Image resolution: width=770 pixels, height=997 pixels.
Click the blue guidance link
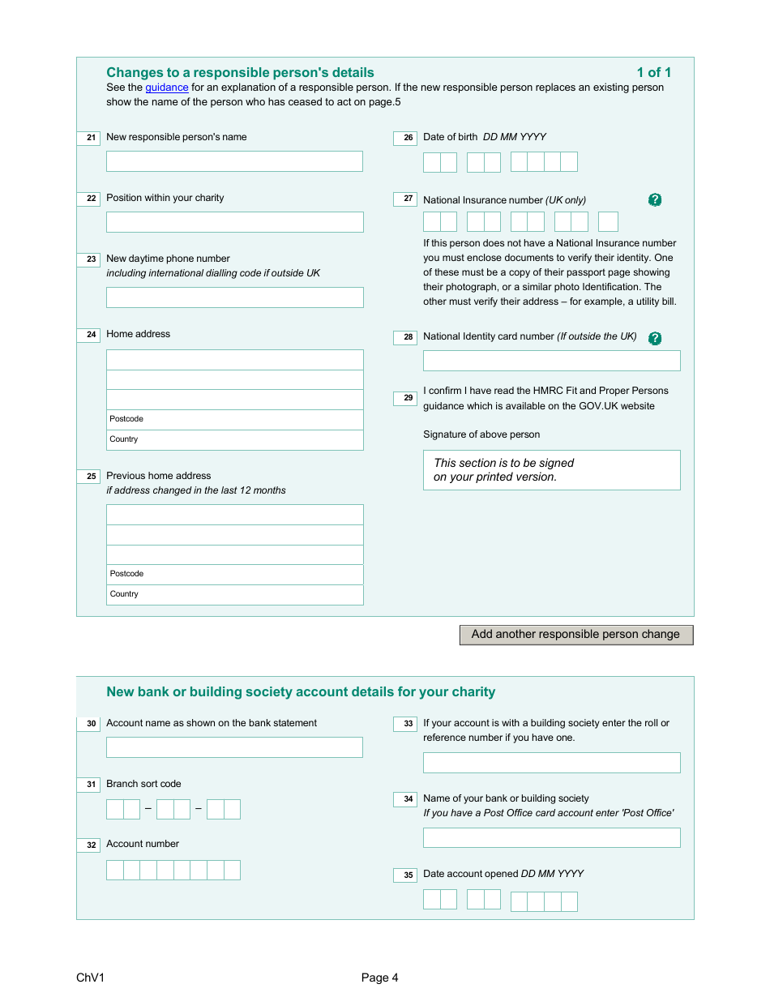[166, 88]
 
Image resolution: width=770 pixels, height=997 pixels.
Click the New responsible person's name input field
[234, 161]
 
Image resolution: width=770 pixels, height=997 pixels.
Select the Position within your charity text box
[234, 222]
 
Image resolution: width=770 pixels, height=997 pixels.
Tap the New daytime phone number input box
[234, 297]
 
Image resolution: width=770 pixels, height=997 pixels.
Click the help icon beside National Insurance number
[655, 200]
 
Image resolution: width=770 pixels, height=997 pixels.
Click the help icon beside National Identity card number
[655, 338]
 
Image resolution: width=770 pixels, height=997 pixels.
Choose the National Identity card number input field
[551, 361]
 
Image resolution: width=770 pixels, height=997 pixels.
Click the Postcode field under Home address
[234, 420]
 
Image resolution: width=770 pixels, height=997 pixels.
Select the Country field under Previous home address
[234, 595]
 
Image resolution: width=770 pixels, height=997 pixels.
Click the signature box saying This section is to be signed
[551, 470]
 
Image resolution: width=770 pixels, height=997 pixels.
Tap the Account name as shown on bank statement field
[234, 747]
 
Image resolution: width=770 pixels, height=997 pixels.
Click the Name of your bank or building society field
[551, 837]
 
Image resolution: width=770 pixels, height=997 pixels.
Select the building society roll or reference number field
[551, 763]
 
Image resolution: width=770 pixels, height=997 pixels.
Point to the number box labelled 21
[89, 139]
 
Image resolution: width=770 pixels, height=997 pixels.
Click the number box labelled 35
[405, 875]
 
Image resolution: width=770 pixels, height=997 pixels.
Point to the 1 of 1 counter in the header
[653, 73]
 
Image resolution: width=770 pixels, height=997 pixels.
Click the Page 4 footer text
[379, 978]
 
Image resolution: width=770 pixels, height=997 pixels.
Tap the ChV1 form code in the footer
[91, 978]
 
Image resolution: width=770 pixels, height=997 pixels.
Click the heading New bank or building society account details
[301, 692]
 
